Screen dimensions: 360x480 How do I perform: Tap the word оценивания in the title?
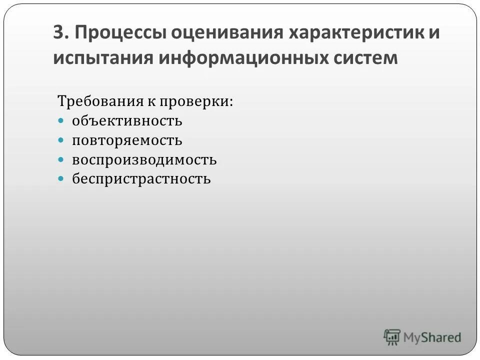227,34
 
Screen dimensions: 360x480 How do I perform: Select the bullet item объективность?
126,121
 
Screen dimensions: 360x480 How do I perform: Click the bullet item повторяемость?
126,140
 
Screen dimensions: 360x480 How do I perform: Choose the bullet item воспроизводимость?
144,160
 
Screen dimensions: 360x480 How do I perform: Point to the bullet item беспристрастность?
141,179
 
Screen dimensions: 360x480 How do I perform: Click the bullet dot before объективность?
61,121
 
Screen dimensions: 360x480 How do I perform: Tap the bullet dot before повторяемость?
61,140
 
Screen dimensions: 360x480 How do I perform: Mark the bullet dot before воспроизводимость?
61,159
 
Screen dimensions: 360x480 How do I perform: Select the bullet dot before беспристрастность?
61,178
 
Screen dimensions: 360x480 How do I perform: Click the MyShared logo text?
432,337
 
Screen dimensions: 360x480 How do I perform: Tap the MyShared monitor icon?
391,337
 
